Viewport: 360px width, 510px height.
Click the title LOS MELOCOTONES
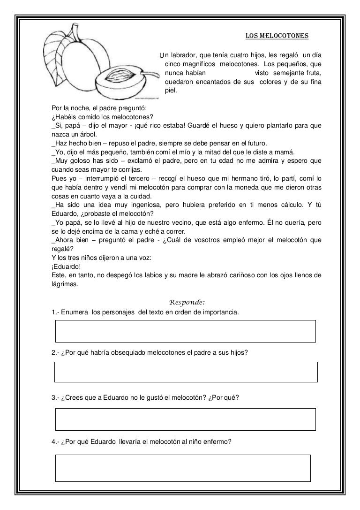pyautogui.click(x=277, y=36)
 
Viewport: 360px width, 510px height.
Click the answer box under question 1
pyautogui.click(x=185, y=331)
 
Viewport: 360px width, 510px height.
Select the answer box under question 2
pyautogui.click(x=186, y=372)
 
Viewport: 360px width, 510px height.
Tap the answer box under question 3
pyautogui.click(x=185, y=419)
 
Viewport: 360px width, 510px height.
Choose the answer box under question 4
pyautogui.click(x=183, y=467)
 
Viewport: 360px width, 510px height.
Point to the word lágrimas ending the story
pyautogui.click(x=65, y=283)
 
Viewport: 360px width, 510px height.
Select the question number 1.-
pyautogui.click(x=55, y=313)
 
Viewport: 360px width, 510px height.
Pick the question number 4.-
pyautogui.click(x=55, y=441)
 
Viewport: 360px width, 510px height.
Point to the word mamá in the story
pyautogui.click(x=287, y=151)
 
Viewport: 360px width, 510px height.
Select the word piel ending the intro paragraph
pyautogui.click(x=172, y=90)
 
